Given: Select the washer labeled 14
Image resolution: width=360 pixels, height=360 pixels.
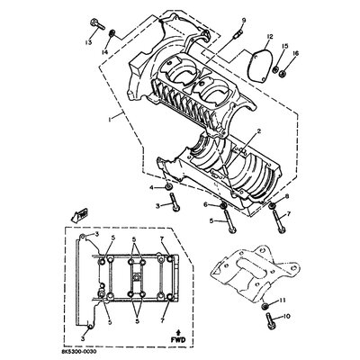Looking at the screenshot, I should [x=112, y=34].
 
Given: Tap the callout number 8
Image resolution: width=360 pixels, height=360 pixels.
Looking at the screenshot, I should [x=286, y=196].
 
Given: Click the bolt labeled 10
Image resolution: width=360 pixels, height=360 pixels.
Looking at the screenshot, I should [x=266, y=317].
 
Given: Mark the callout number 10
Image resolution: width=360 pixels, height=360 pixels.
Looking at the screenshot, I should [x=287, y=317].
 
